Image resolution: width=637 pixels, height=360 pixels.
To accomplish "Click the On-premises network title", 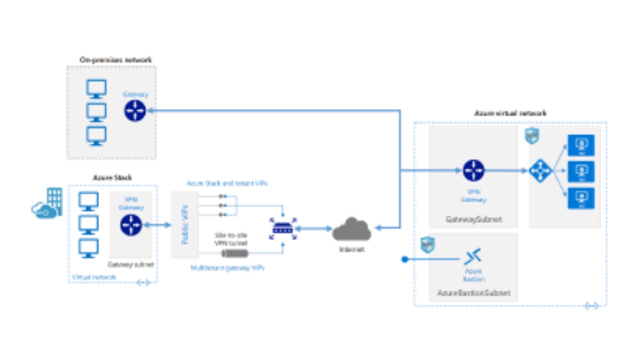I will click(x=115, y=60).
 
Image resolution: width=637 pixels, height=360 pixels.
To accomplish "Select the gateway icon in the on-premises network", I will click(x=134, y=110).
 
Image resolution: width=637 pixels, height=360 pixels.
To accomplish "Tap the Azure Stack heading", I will click(x=112, y=177).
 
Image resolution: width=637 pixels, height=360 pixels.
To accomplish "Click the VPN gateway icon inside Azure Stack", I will click(x=131, y=225).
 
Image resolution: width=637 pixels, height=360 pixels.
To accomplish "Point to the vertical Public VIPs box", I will click(x=184, y=224).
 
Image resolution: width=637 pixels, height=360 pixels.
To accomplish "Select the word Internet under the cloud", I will click(x=351, y=249).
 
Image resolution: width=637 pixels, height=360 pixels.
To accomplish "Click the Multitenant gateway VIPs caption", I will click(x=227, y=268).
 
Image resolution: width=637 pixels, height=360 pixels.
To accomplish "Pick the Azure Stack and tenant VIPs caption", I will click(x=227, y=183).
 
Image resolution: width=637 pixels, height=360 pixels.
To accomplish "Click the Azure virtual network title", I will click(x=510, y=113).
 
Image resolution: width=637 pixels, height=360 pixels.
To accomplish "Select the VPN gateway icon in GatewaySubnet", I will click(x=473, y=170).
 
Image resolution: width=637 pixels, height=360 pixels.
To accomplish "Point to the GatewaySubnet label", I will click(x=473, y=219).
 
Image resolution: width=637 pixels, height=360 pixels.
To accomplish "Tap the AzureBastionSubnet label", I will click(x=473, y=293).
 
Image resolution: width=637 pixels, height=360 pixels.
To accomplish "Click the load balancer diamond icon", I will click(x=539, y=170).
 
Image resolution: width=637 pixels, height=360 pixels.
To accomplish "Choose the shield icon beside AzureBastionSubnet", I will click(x=428, y=245).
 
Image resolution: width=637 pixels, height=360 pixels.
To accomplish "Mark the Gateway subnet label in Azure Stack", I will click(x=130, y=264).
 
